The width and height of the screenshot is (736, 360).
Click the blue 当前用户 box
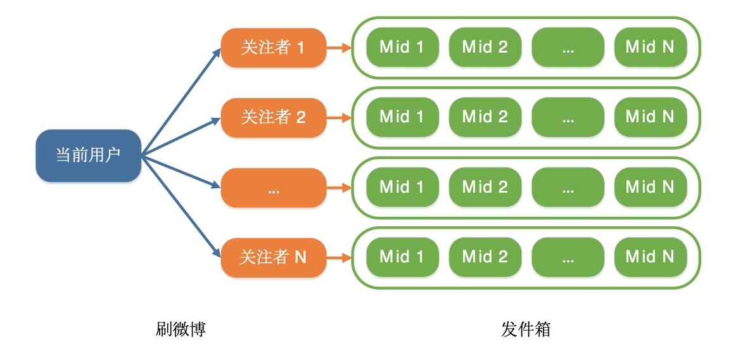[x=88, y=155]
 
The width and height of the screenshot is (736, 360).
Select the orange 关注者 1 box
[x=273, y=48]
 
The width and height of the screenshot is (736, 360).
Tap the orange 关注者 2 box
[x=273, y=117]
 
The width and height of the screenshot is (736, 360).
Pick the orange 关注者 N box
[x=273, y=257]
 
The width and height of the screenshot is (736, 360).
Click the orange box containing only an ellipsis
[x=273, y=188]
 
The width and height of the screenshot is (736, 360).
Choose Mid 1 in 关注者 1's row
[x=402, y=48]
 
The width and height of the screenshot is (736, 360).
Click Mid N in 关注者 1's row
[x=650, y=48]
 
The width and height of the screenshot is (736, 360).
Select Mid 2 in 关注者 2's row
[x=485, y=117]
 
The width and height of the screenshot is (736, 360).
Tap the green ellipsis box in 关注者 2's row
[x=568, y=117]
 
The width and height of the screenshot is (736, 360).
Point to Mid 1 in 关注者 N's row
[x=402, y=257]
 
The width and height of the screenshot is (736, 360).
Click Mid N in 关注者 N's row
[x=650, y=257]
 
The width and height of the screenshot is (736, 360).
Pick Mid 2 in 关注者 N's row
[x=485, y=257]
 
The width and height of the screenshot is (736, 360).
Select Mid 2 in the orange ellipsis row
[x=485, y=188]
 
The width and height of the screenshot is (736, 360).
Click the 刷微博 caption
[x=181, y=330]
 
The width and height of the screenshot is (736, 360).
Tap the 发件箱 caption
[x=526, y=330]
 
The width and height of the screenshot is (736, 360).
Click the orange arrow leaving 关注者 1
[x=339, y=48]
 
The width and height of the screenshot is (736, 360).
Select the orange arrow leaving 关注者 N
[x=339, y=257]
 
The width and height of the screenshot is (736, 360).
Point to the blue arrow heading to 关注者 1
[x=181, y=101]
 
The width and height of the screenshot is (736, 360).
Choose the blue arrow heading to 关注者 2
[x=181, y=136]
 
